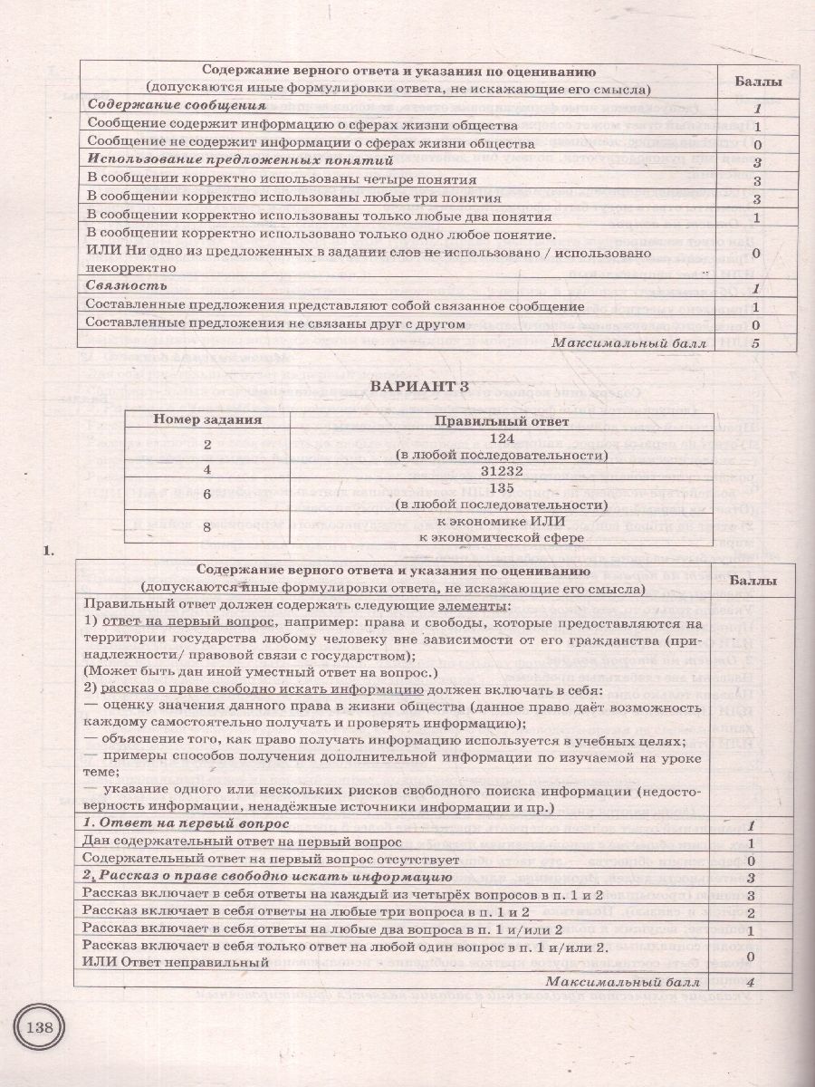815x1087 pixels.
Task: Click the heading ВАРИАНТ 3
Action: click(420, 387)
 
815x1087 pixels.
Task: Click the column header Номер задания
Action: click(207, 420)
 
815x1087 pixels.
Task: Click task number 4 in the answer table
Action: click(206, 470)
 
